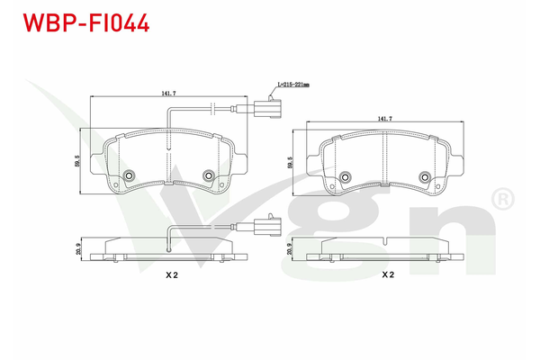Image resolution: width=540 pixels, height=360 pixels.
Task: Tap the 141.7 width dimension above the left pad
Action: coord(168,91)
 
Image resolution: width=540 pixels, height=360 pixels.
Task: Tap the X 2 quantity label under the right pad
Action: coord(388,275)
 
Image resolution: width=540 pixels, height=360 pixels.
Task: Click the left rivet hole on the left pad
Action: coord(129,175)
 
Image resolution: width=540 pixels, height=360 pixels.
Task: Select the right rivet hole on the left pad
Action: coord(208,175)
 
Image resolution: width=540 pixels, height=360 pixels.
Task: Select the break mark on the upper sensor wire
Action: coord(212,111)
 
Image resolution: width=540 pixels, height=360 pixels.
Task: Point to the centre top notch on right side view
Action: coord(384,241)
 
